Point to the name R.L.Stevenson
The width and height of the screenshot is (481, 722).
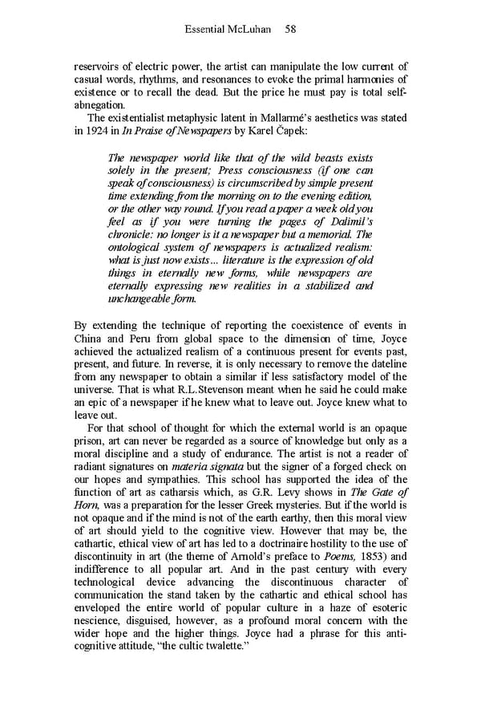212,390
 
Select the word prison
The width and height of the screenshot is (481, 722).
90,442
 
